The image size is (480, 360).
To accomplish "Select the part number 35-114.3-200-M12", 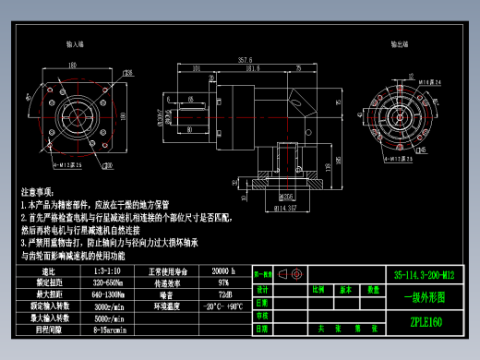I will tap(425, 275).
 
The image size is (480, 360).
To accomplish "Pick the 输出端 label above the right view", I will tap(399, 43).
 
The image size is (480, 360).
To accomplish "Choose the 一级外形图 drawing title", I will tap(425, 298).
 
